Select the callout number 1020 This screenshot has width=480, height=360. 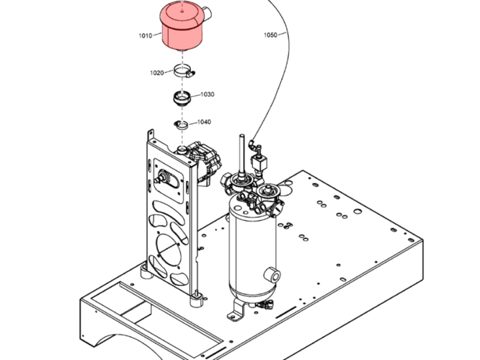tap(157, 72)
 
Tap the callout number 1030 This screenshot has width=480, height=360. tap(207, 95)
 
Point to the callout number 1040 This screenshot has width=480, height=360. tap(204, 122)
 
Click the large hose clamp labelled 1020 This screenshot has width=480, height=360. tap(185, 73)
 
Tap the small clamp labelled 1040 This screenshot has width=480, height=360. tap(182, 125)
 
